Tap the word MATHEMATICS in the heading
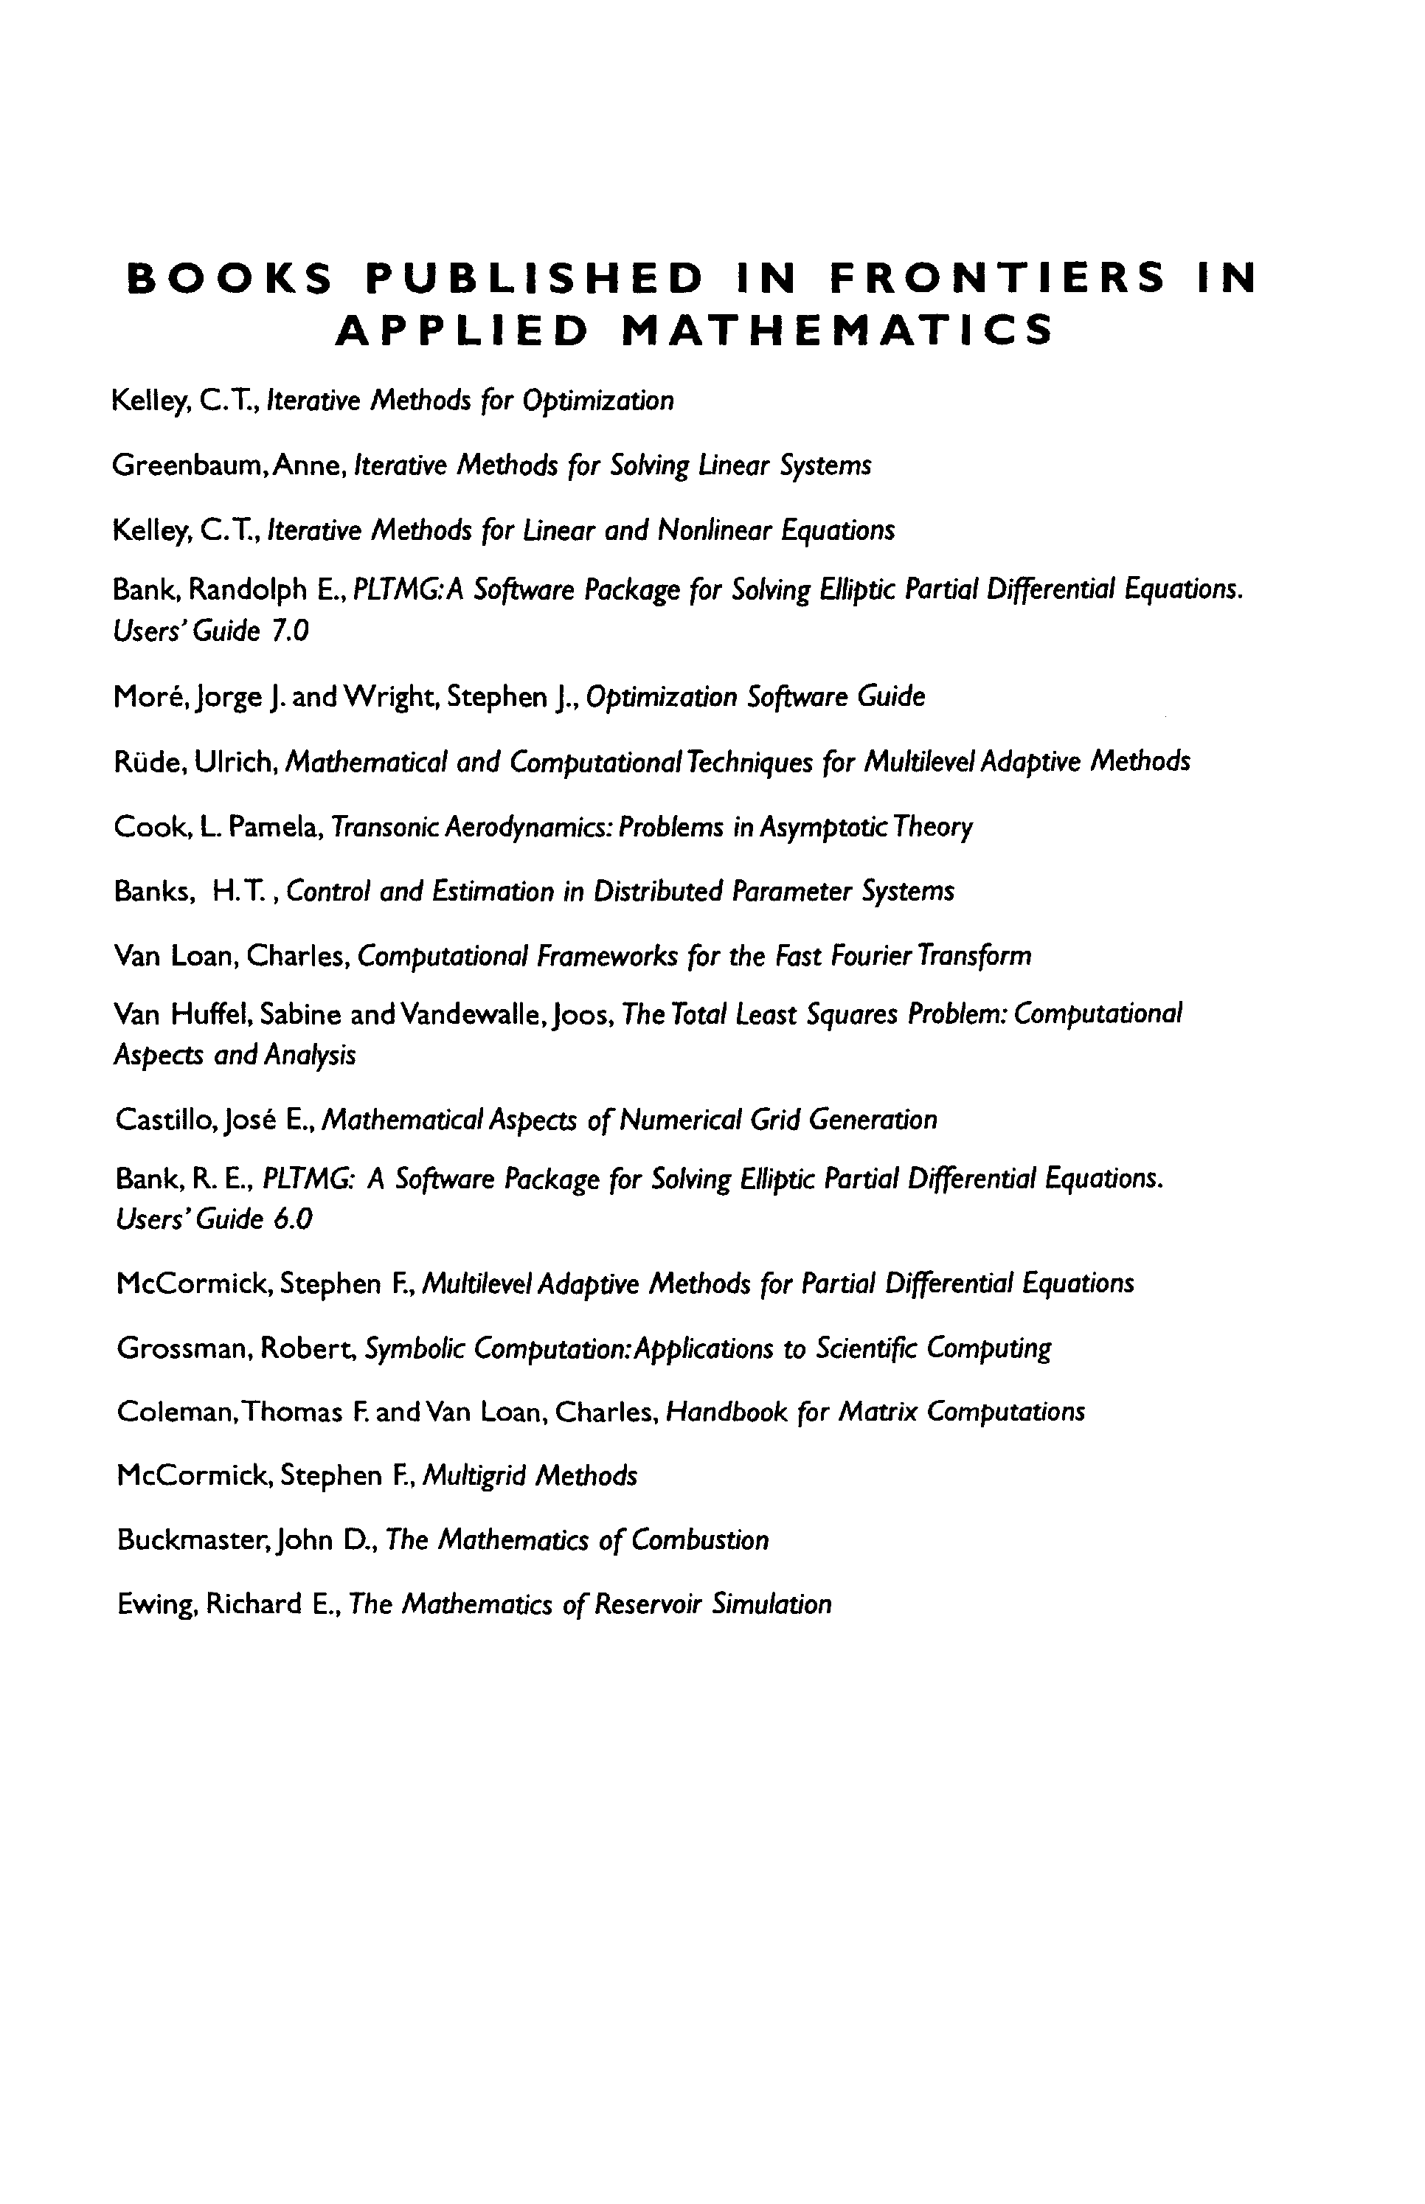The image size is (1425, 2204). point(836,330)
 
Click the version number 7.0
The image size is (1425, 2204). point(290,631)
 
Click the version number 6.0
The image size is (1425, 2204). point(292,1219)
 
